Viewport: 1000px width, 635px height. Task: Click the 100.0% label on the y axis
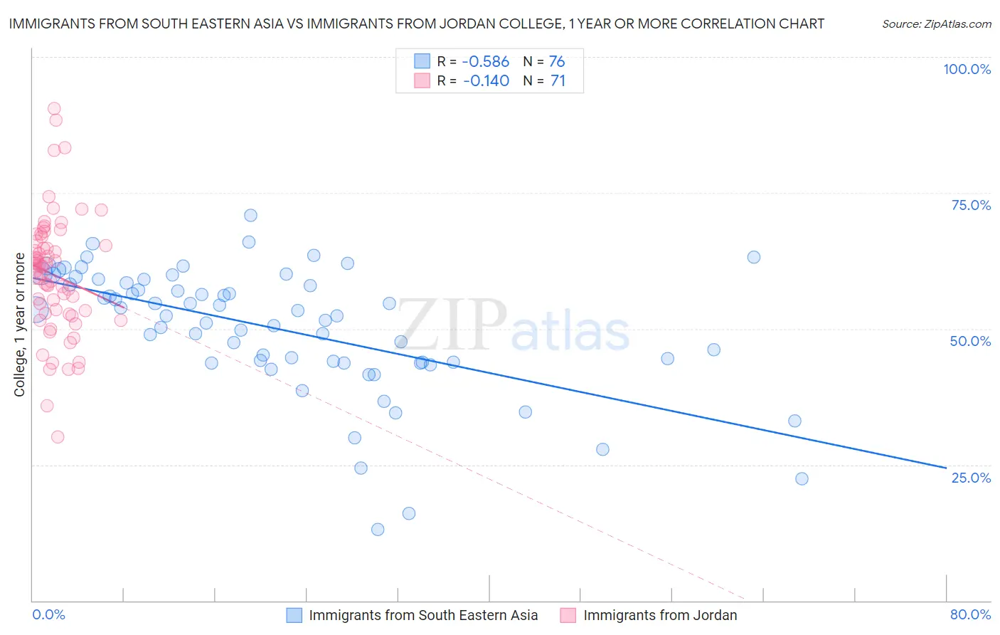click(x=967, y=69)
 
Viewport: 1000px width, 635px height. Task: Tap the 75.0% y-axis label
click(x=970, y=205)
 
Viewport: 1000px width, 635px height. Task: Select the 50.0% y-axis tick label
click(x=970, y=341)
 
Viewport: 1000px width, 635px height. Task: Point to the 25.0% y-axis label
click(x=970, y=477)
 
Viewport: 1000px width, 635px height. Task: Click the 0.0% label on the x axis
click(x=48, y=614)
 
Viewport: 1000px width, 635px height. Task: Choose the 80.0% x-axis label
click(x=970, y=614)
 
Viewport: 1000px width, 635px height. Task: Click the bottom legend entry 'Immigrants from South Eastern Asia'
click(x=422, y=615)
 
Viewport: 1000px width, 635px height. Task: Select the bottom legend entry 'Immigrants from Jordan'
click(x=659, y=615)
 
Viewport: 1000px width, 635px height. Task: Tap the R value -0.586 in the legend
click(x=486, y=61)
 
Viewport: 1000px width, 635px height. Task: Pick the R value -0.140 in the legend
click(x=486, y=81)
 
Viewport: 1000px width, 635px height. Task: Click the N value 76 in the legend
click(x=557, y=61)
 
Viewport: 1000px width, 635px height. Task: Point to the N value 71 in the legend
click(x=557, y=81)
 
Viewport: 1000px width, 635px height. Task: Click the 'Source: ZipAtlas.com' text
click(x=936, y=23)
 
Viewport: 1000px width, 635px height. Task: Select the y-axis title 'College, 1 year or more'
click(x=20, y=325)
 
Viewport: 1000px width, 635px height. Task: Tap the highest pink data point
click(x=54, y=108)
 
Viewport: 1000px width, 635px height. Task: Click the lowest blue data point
click(x=378, y=529)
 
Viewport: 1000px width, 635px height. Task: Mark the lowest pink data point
click(x=58, y=437)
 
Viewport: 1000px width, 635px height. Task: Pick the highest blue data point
click(x=250, y=215)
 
